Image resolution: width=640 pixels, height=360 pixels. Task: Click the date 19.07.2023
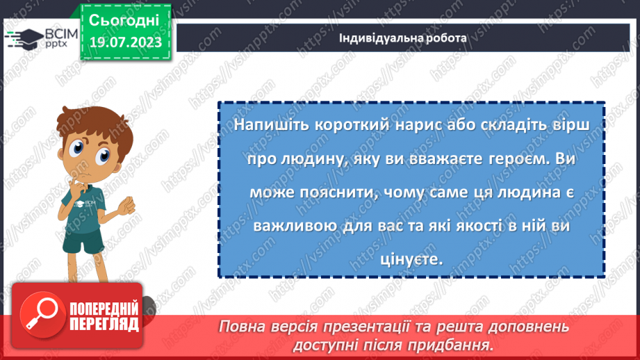(x=124, y=43)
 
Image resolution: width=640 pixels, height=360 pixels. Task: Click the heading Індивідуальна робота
(x=402, y=38)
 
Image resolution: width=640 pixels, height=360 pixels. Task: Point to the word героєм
(x=506, y=158)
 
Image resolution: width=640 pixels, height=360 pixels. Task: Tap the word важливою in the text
(x=281, y=226)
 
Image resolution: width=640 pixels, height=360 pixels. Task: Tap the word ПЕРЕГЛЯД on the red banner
(x=104, y=324)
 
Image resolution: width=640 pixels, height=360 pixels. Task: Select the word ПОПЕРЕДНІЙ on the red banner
(x=104, y=309)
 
